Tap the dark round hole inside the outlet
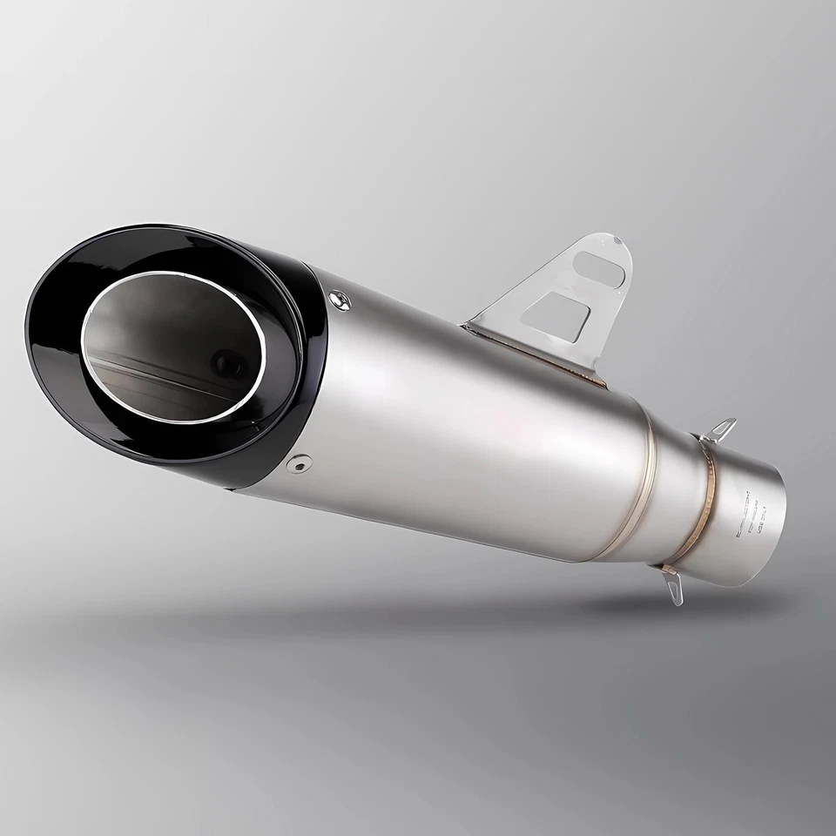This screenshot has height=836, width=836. point(228,361)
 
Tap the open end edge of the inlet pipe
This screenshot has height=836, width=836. point(779,522)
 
